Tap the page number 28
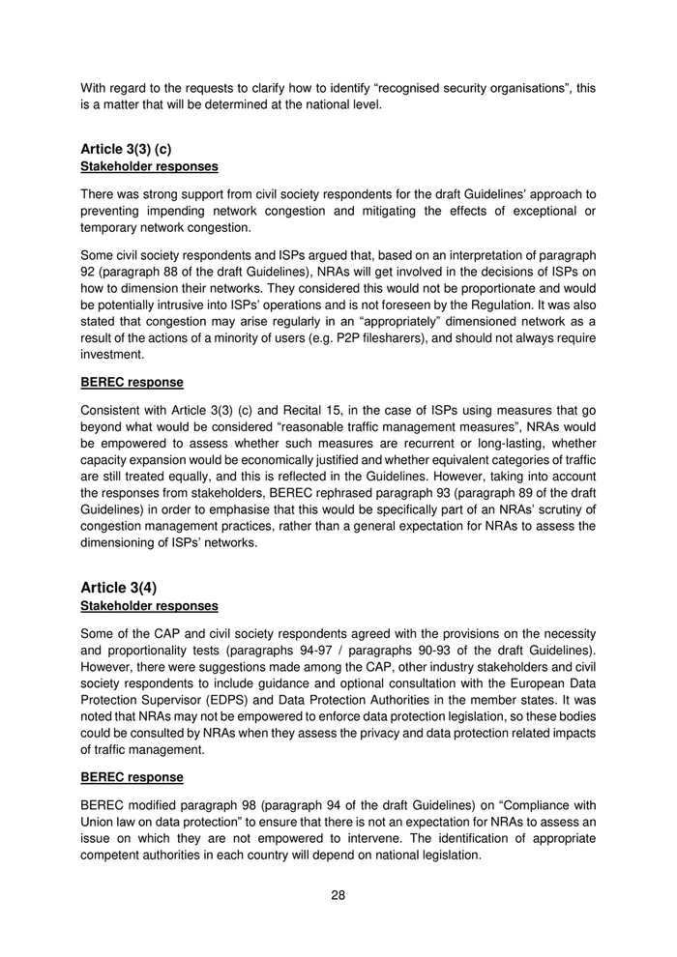point(338,894)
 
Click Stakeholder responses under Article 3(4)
point(149,606)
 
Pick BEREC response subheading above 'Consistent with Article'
point(132,382)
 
